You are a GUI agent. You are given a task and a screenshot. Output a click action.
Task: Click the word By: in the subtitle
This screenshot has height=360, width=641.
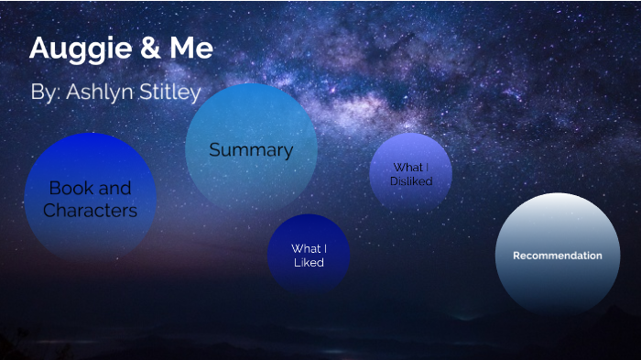(45, 93)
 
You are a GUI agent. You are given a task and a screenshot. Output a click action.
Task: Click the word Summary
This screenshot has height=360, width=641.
(251, 150)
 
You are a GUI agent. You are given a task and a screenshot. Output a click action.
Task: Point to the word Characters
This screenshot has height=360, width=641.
(91, 211)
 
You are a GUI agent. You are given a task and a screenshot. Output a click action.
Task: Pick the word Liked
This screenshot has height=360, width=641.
(309, 263)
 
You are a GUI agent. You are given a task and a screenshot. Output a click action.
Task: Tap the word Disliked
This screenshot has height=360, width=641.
(410, 181)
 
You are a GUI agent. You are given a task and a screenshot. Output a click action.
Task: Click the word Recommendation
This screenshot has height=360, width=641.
(557, 256)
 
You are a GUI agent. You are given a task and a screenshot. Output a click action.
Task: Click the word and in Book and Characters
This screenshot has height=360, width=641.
(114, 188)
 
